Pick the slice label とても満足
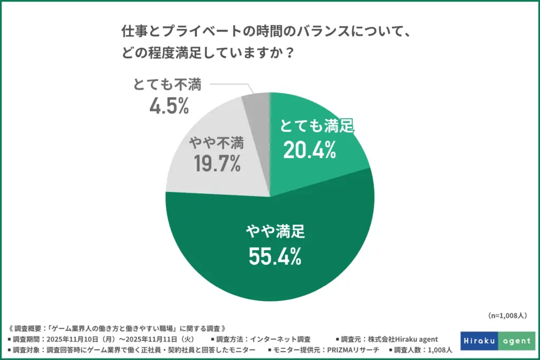point(317,128)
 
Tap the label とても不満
point(168,85)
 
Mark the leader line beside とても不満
point(229,86)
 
